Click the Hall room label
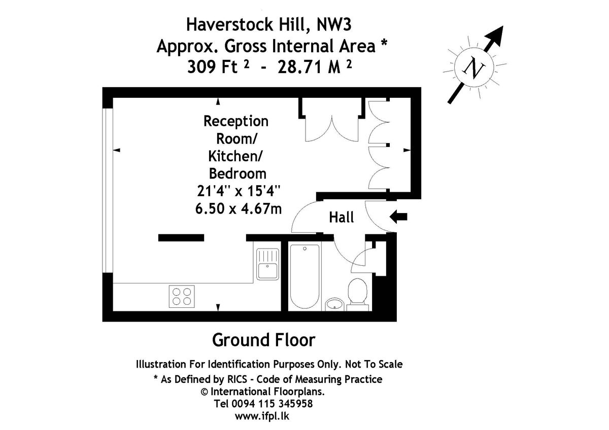pyautogui.click(x=341, y=218)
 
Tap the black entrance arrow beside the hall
pyautogui.click(x=398, y=217)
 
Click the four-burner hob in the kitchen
pyautogui.click(x=182, y=296)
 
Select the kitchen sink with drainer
pyautogui.click(x=267, y=264)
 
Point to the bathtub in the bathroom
pyautogui.click(x=304, y=276)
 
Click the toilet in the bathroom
pyautogui.click(x=357, y=295)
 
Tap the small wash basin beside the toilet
pyautogui.click(x=334, y=305)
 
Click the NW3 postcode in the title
pyautogui.click(x=334, y=24)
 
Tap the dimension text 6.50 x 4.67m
pyautogui.click(x=239, y=209)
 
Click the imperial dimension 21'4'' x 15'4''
pyautogui.click(x=239, y=191)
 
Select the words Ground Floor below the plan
pyautogui.click(x=263, y=340)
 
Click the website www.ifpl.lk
pyautogui.click(x=262, y=416)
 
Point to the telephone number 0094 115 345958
pyautogui.click(x=272, y=404)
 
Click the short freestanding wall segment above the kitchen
pyautogui.click(x=181, y=238)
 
